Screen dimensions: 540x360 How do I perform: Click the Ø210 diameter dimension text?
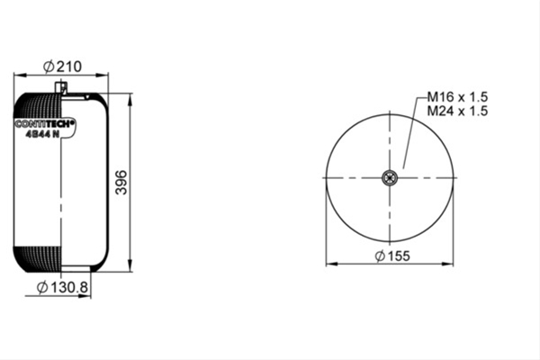point(62,67)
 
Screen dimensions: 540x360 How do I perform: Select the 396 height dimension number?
point(121,182)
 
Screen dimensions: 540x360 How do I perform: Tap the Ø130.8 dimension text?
point(62,287)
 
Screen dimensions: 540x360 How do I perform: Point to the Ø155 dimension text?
point(392,256)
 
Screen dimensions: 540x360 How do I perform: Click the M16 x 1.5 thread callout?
point(457,97)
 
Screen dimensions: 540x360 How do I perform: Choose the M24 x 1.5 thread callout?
point(457,111)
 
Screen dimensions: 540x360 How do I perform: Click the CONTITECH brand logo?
point(44,123)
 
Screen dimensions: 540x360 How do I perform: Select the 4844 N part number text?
point(42,134)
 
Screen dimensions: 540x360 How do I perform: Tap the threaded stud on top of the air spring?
point(61,86)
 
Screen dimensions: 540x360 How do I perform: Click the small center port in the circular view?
point(390,178)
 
